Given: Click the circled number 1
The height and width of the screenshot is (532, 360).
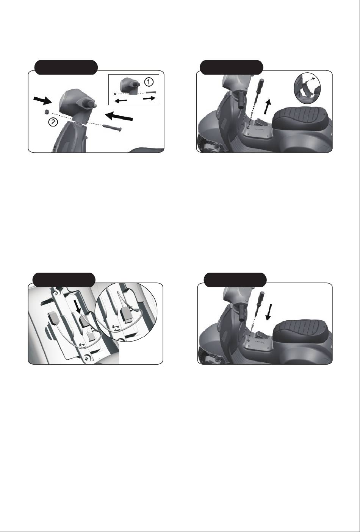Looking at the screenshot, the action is [149, 82].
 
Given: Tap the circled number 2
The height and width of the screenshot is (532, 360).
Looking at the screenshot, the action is [53, 122].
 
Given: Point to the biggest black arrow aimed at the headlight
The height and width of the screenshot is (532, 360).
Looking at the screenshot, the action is [119, 117].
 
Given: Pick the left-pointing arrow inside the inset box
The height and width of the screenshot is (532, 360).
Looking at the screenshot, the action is [121, 101].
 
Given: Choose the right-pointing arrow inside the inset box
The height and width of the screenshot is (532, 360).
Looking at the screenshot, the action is [149, 98].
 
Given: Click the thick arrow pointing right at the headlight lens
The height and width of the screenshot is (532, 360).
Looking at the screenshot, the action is [43, 100].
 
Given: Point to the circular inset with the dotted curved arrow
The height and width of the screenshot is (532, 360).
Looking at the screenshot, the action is [307, 87].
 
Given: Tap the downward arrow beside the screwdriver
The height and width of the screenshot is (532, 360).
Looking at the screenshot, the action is [269, 312].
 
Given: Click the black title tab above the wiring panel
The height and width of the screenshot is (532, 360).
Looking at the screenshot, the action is [64, 280].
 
